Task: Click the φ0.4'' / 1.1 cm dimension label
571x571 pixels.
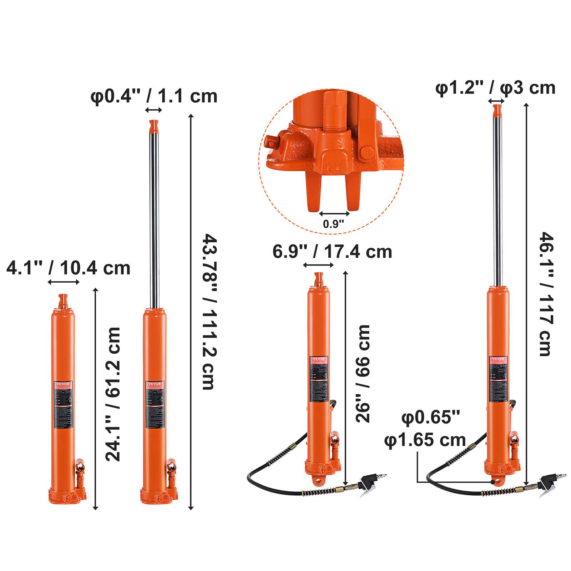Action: (x=154, y=96)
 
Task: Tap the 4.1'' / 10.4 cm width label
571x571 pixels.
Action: (x=68, y=268)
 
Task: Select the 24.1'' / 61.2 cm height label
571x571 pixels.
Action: (x=113, y=394)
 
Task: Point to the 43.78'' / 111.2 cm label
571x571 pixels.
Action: (x=210, y=312)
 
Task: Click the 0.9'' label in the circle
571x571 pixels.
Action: (x=333, y=224)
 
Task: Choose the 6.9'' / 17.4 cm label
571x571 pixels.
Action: (x=332, y=252)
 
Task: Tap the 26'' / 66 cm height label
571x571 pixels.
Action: (x=363, y=374)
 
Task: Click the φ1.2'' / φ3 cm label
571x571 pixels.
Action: (x=495, y=88)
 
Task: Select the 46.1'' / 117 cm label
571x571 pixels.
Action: (x=546, y=294)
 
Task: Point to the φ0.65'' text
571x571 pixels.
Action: (x=431, y=417)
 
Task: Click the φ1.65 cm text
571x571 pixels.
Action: (x=425, y=440)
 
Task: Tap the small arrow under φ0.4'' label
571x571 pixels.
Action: (x=154, y=110)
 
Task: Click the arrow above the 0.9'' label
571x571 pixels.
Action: (x=334, y=214)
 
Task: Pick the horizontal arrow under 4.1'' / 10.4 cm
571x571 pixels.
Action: (x=64, y=282)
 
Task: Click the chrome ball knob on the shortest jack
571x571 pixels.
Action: (x=80, y=467)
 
